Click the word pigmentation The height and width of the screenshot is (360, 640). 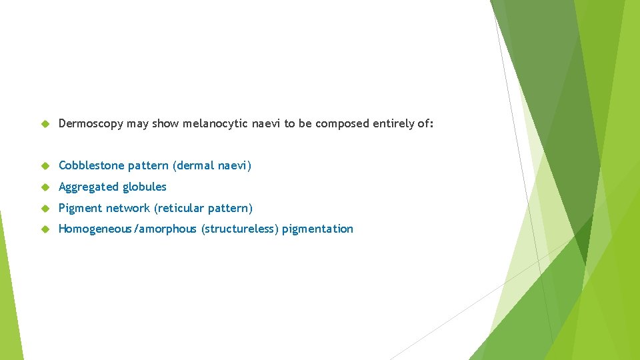pyautogui.click(x=318, y=229)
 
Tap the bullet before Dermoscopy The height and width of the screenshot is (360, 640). pyautogui.click(x=45, y=123)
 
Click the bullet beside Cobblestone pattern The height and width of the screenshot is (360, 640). pyautogui.click(x=45, y=165)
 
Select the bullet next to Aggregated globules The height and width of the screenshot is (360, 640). pyautogui.click(x=45, y=187)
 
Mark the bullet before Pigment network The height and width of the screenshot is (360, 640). pyautogui.click(x=45, y=208)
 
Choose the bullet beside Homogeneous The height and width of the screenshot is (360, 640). pyautogui.click(x=45, y=229)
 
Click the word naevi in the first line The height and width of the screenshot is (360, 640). pyautogui.click(x=267, y=123)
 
